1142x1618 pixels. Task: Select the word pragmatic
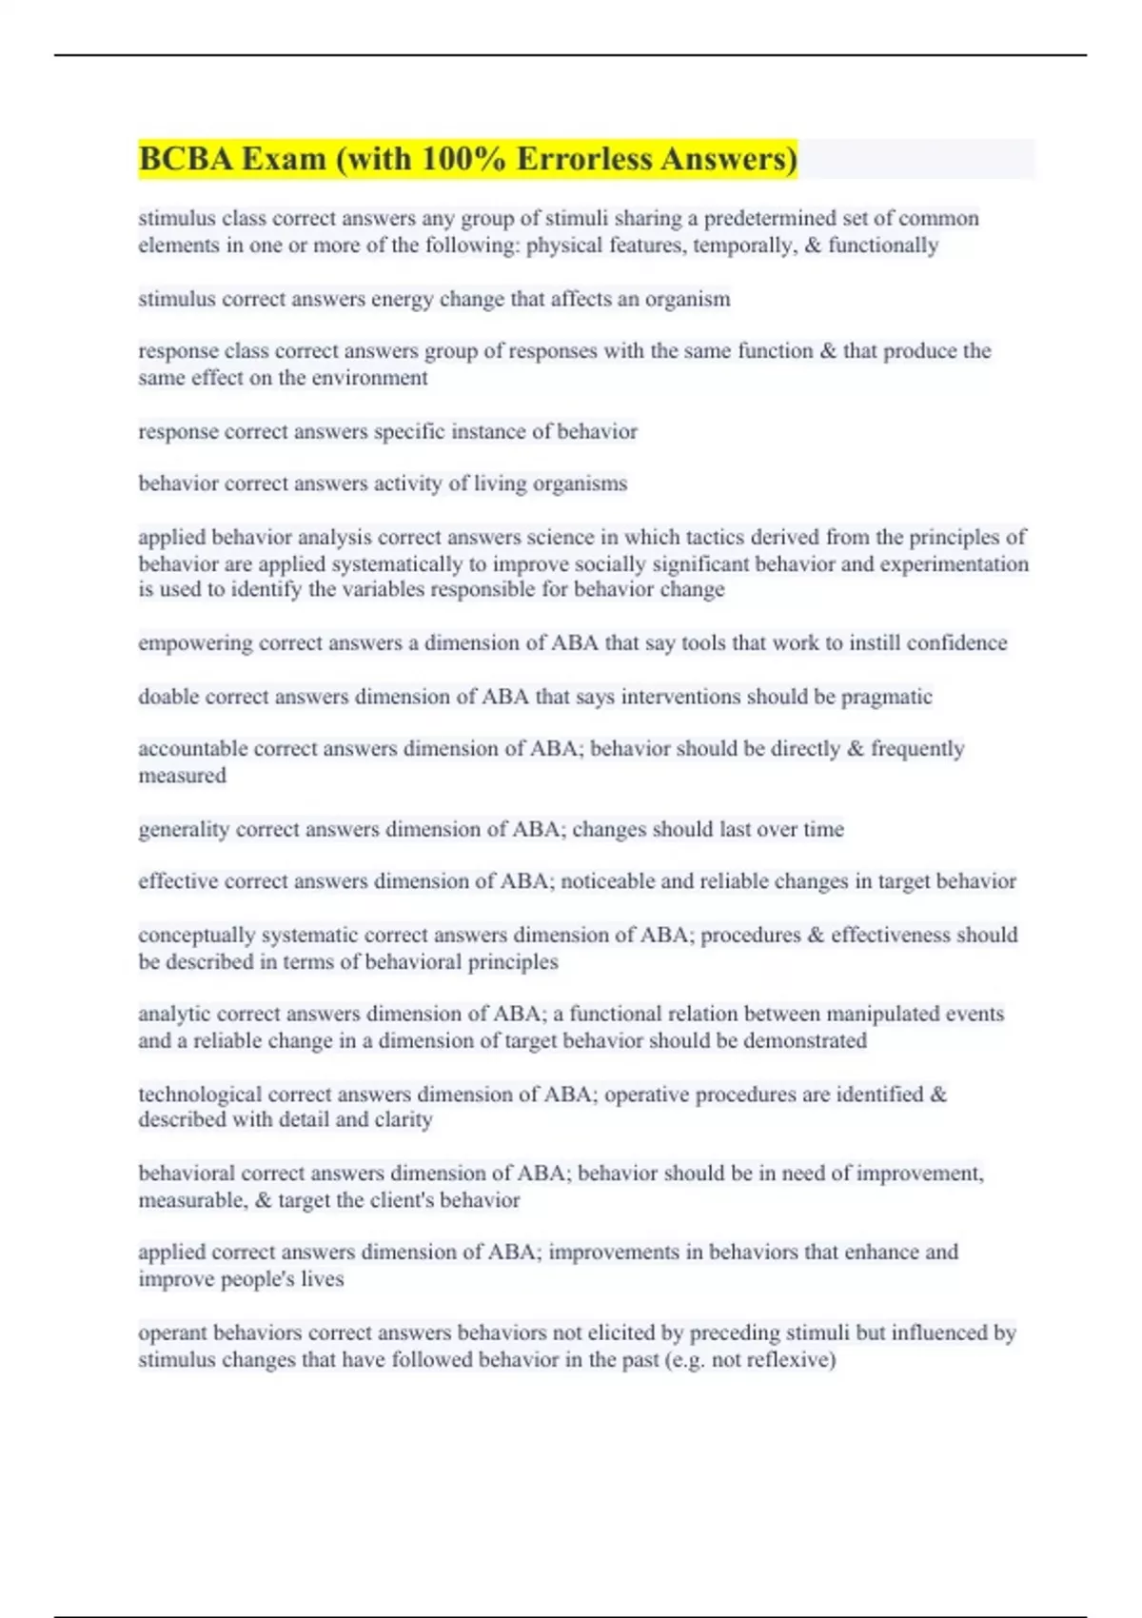click(x=887, y=697)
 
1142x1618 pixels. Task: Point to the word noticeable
click(x=607, y=881)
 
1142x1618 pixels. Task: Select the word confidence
click(x=956, y=643)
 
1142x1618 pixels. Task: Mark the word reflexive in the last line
click(x=787, y=1360)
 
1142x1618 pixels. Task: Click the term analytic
click(x=174, y=1015)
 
